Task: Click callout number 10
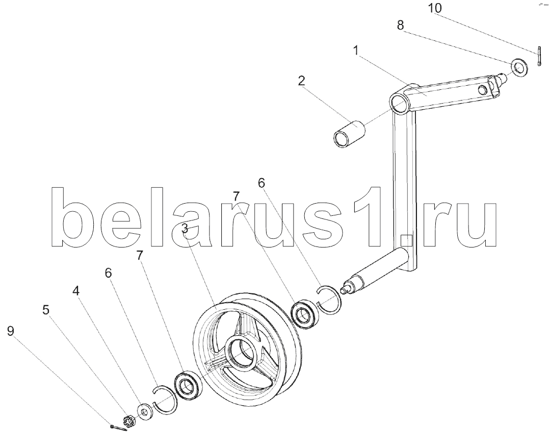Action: coord(435,9)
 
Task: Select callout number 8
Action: coord(402,25)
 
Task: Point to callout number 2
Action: coord(302,80)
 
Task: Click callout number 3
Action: coord(185,229)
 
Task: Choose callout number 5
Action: coord(46,310)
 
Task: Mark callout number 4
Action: coord(75,291)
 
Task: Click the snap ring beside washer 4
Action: coord(166,399)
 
